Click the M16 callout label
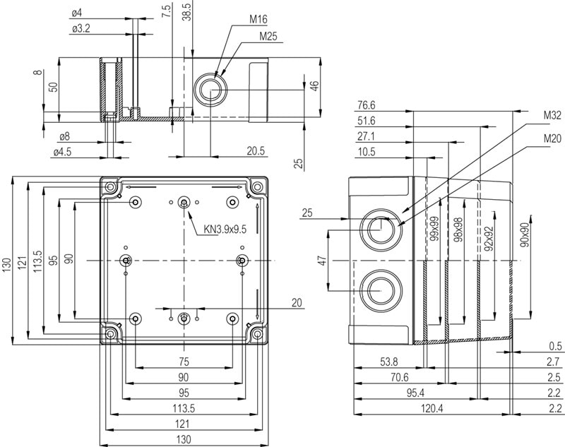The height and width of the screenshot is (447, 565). pos(258,19)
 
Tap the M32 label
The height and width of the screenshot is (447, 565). pos(552,115)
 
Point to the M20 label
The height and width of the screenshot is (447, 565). pos(552,139)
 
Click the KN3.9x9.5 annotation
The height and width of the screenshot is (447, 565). pos(225,229)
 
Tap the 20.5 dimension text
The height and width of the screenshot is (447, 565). pos(256,150)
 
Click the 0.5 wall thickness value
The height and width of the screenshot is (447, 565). pos(555,346)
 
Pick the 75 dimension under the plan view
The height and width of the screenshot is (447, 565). pos(184,362)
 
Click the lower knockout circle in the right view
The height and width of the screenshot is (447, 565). pos(379,289)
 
